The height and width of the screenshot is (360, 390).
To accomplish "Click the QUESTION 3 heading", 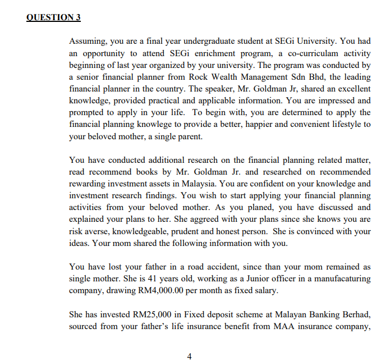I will (x=53, y=17).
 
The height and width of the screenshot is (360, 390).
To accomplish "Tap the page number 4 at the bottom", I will (x=189, y=356).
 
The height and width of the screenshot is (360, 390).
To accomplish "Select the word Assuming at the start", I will (x=86, y=42).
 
